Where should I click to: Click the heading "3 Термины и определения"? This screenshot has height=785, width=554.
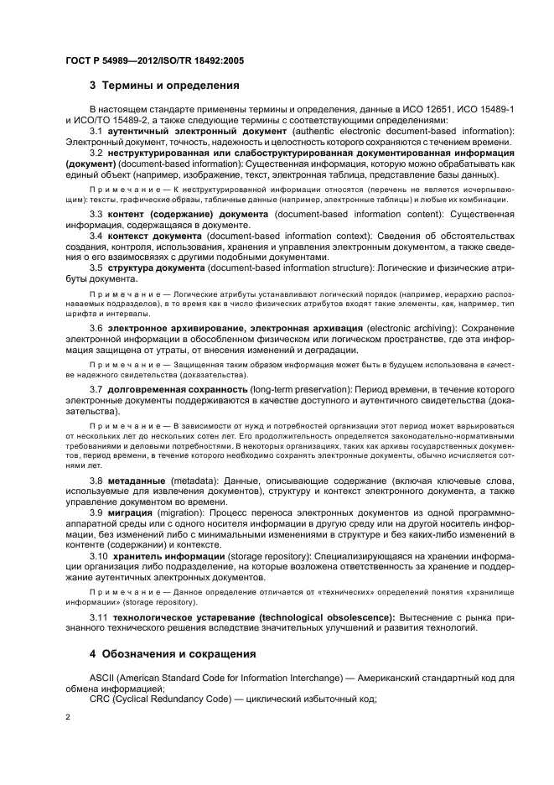pyautogui.click(x=164, y=86)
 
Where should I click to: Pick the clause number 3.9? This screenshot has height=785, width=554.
pyautogui.click(x=96, y=512)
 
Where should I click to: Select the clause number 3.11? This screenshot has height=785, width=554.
pyautogui.click(x=98, y=617)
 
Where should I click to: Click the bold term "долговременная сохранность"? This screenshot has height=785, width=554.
pyautogui.click(x=176, y=390)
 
